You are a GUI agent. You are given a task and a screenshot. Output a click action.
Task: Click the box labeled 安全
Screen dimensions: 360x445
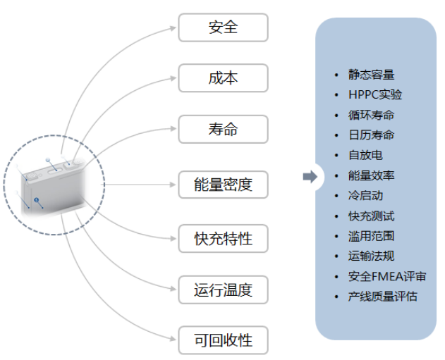223,27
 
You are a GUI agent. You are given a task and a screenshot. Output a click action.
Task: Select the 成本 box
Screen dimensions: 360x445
223,78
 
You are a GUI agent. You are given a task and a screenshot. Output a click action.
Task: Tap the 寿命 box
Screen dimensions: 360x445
223,130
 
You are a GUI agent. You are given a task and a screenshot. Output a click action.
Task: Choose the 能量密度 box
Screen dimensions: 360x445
223,185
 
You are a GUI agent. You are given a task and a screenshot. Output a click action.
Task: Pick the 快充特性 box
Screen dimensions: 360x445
223,238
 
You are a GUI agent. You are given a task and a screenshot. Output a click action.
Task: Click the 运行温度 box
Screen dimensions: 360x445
223,289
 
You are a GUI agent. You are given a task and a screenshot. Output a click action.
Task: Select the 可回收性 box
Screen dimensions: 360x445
223,341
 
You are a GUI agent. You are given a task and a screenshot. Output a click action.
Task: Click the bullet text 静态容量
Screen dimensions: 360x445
371,75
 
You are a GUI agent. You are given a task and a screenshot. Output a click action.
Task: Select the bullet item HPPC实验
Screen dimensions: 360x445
375,95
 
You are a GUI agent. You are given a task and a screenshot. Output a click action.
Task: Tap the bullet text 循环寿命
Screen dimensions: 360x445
371,115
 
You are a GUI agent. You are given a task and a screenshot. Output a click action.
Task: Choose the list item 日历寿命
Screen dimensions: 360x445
371,135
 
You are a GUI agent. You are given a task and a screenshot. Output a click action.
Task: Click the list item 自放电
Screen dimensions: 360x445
365,155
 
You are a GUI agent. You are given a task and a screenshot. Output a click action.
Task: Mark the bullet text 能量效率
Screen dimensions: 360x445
371,175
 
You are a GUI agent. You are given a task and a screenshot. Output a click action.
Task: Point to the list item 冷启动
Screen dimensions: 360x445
365,196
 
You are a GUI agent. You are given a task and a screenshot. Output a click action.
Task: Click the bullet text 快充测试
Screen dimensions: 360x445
371,216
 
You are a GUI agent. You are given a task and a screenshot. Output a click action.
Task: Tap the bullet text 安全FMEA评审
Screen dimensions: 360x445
387,276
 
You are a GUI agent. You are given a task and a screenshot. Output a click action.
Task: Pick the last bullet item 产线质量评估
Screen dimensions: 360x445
382,297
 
